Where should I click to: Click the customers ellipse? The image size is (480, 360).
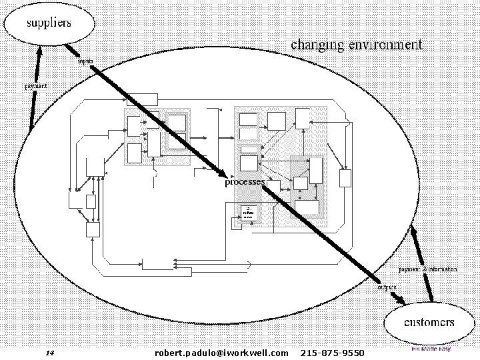point(429,323)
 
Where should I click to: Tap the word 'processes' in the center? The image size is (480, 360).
point(245,181)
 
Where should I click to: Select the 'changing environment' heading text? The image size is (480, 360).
point(356,45)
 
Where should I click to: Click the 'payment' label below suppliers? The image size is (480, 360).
point(36,86)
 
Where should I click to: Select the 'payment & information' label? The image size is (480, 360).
point(427,269)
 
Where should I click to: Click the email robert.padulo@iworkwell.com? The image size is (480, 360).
point(221,351)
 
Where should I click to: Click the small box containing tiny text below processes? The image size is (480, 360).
point(247,213)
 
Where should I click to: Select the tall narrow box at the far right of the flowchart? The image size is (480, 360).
point(345,179)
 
